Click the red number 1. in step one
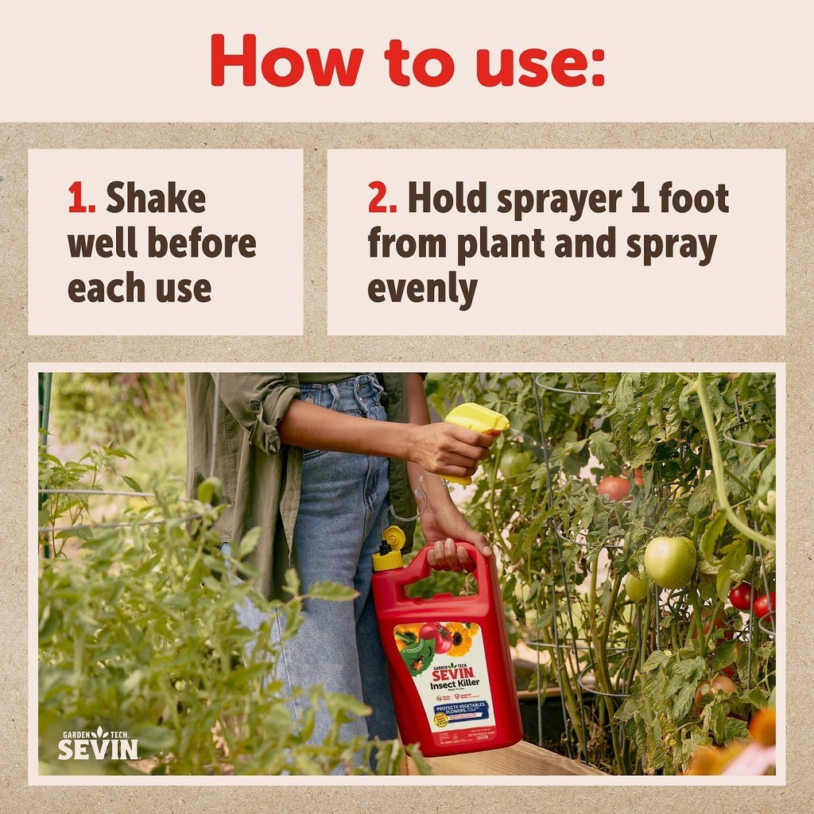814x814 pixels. pyautogui.click(x=80, y=198)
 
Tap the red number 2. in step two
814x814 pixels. pyautogui.click(x=382, y=198)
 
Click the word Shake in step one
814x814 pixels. pyautogui.click(x=156, y=198)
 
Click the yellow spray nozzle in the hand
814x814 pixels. pyautogui.click(x=475, y=420)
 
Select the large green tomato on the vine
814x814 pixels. pyautogui.click(x=669, y=560)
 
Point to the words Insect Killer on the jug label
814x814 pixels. pyautogui.click(x=453, y=685)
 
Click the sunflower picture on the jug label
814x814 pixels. pyautogui.click(x=460, y=638)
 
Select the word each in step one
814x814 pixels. pyautogui.click(x=101, y=288)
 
